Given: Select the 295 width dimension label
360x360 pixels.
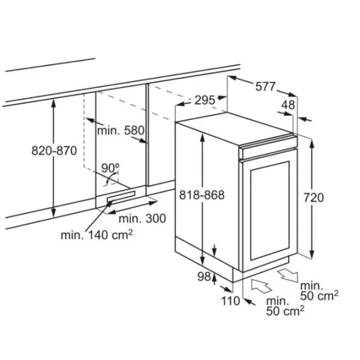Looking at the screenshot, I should (x=205, y=100).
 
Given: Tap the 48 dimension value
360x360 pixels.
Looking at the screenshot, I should (x=289, y=104).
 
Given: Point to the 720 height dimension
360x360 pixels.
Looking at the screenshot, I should (x=314, y=197).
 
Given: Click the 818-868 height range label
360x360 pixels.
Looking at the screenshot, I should (x=202, y=195).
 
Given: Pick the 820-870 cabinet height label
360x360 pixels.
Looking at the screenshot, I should (x=54, y=151).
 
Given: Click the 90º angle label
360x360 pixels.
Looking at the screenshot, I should (x=110, y=166).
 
